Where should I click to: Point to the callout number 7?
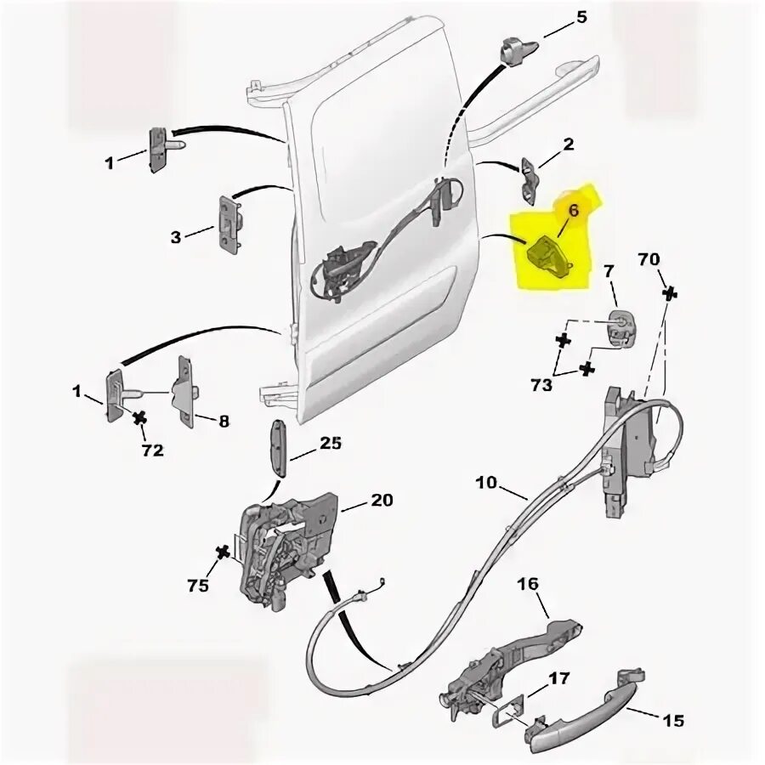point(608,271)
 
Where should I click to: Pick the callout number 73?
point(540,385)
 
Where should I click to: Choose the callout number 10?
point(486,482)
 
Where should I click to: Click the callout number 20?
point(382,500)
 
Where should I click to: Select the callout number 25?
point(331,443)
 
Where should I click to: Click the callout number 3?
point(175,237)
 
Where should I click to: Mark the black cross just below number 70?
point(671,293)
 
